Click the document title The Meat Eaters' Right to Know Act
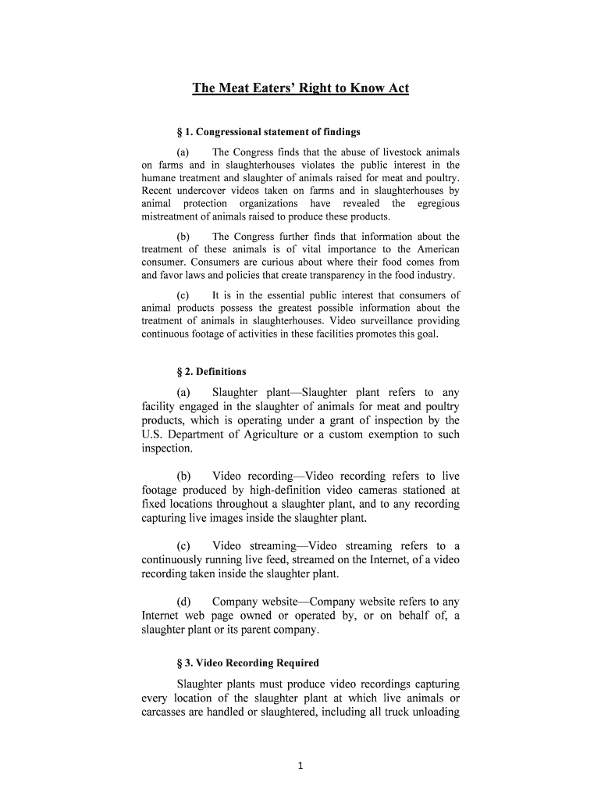[x=300, y=88]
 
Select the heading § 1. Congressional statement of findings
[x=268, y=131]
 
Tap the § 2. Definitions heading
[x=212, y=371]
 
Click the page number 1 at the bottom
[x=300, y=766]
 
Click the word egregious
[x=438, y=203]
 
